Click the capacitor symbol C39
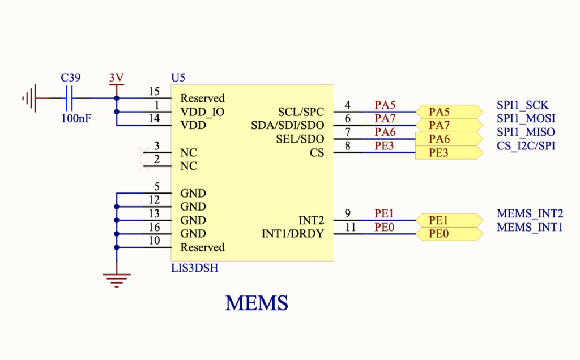coord(70,98)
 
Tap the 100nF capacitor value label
coord(75,118)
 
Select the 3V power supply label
coord(117,78)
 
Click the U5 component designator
coord(178,78)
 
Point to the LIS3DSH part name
coord(194,268)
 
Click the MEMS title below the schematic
coord(257,303)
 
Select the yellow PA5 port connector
coord(444,112)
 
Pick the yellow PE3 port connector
coord(444,153)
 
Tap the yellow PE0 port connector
coord(444,233)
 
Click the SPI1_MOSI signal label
coord(526,118)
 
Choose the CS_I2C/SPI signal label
coord(526,146)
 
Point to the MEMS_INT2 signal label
coord(530,213)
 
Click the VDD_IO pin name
coord(202,112)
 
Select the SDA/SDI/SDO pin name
coord(287,125)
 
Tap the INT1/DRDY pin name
coord(292,233)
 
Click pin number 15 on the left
coord(153,92)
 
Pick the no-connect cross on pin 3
coord(144,152)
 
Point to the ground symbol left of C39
coord(29,98)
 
